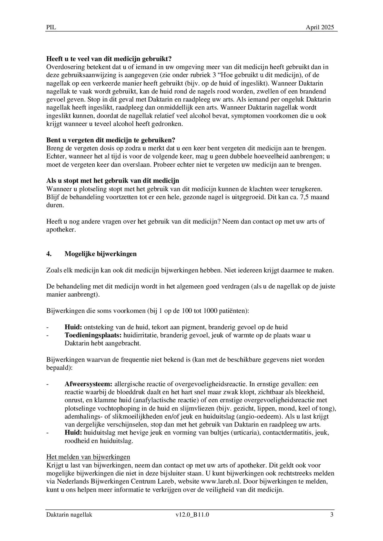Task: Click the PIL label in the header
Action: [x=51, y=27]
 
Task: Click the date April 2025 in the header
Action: [x=320, y=27]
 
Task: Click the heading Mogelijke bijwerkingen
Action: [x=100, y=254]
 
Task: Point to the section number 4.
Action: [x=49, y=254]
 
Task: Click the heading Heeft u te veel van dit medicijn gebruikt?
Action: [x=109, y=59]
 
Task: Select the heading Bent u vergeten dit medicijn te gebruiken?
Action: [x=110, y=140]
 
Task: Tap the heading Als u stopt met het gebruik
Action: [x=113, y=181]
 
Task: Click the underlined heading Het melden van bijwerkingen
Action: [x=88, y=457]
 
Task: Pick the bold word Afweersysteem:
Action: [x=88, y=384]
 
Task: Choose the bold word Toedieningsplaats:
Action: [x=93, y=335]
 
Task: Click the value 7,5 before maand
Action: [x=305, y=197]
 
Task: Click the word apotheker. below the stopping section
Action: [x=61, y=230]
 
